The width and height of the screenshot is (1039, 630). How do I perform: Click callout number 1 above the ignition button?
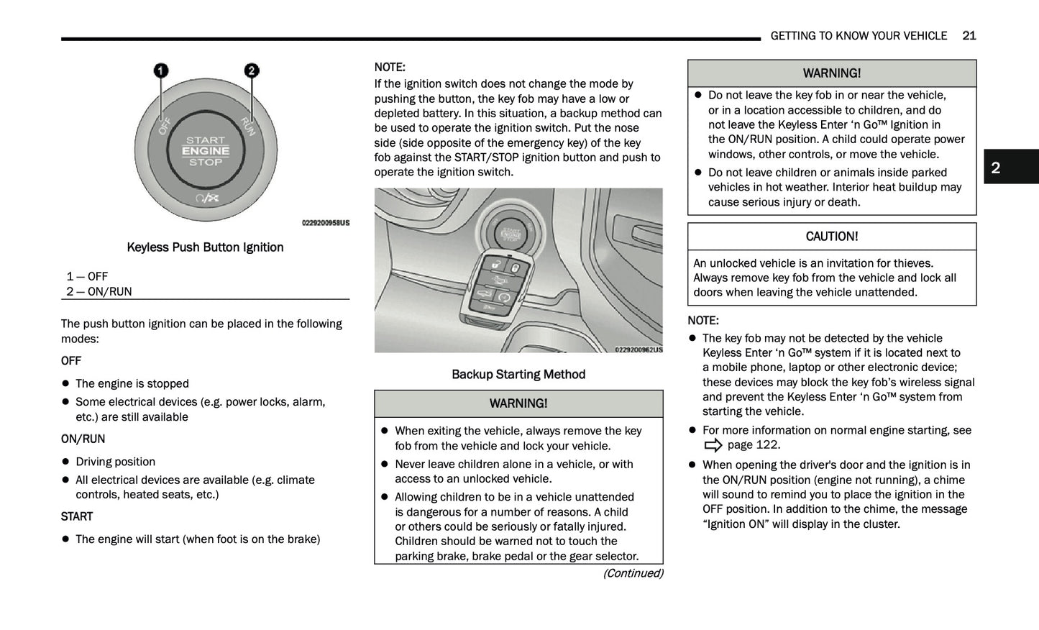click(160, 70)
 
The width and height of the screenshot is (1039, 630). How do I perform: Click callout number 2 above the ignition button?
click(251, 70)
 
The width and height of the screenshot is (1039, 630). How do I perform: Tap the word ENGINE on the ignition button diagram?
click(206, 151)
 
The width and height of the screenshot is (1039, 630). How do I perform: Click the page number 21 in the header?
click(969, 36)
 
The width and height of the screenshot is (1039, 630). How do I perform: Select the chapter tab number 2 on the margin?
click(996, 168)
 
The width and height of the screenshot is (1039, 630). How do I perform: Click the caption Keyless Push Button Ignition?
click(205, 247)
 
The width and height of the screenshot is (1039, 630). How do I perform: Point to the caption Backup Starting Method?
click(518, 375)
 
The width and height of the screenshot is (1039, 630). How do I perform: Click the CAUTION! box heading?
click(831, 237)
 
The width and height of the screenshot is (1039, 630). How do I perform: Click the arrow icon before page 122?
click(713, 445)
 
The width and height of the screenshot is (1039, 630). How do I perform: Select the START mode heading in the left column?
click(77, 516)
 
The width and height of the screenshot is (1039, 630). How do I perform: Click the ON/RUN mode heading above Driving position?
click(83, 439)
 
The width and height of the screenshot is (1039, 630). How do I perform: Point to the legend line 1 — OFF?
click(87, 276)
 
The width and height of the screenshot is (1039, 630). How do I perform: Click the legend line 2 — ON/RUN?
click(99, 291)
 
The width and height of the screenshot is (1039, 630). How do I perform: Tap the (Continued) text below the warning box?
click(633, 573)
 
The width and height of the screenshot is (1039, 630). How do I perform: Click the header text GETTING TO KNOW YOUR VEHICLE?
click(859, 36)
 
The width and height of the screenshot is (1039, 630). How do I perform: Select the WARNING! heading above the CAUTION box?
click(831, 73)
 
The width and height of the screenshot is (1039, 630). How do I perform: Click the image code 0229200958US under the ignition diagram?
click(326, 223)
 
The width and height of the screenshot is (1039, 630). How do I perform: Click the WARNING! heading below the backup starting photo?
click(518, 403)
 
